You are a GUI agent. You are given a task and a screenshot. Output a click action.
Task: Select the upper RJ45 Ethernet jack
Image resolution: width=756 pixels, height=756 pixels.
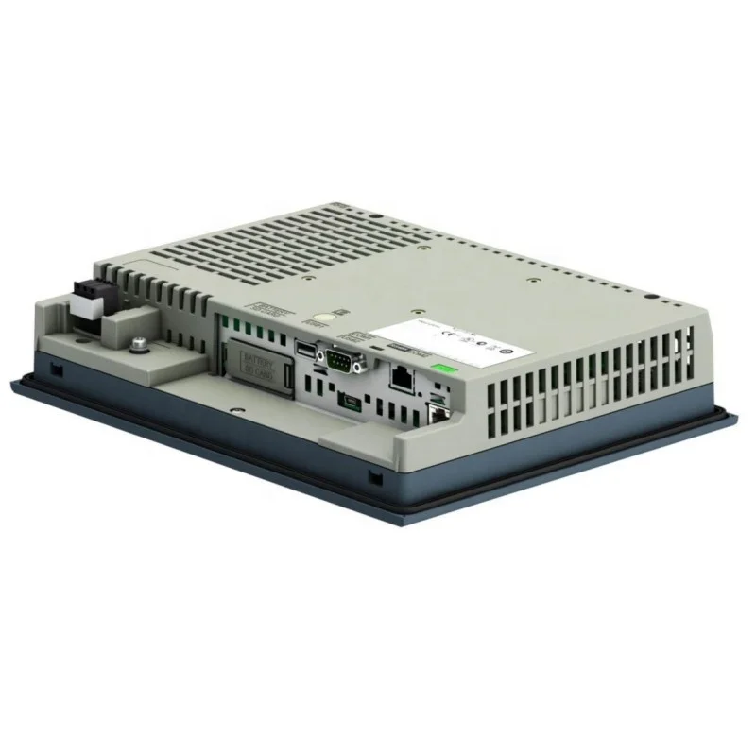401,379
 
